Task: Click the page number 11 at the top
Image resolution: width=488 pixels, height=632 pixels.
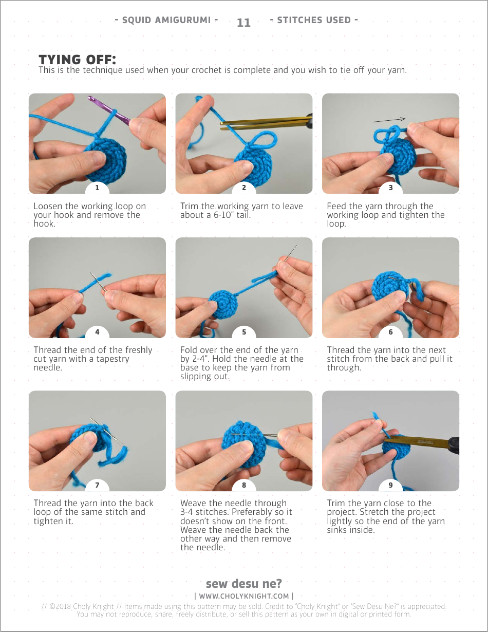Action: pyautogui.click(x=243, y=23)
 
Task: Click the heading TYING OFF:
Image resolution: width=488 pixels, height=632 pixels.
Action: pyautogui.click(x=78, y=60)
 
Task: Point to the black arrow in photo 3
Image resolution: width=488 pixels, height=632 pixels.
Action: pyautogui.click(x=389, y=120)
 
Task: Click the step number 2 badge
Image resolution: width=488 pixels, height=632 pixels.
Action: pyautogui.click(x=244, y=188)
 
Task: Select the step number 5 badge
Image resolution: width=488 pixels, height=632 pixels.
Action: pyautogui.click(x=244, y=332)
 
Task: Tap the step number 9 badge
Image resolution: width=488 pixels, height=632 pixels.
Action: pyautogui.click(x=390, y=485)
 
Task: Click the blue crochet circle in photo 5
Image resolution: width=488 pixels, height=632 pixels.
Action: pyautogui.click(x=223, y=304)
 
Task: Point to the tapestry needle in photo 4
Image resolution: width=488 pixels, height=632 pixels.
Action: pyautogui.click(x=98, y=282)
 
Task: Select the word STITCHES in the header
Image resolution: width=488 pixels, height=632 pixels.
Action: pyautogui.click(x=299, y=20)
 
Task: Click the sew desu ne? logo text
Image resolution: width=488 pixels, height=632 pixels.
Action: pyautogui.click(x=244, y=583)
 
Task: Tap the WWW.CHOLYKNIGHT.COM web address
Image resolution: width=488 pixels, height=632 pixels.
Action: pyautogui.click(x=244, y=596)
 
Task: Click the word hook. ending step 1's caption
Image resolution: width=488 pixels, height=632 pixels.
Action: pyautogui.click(x=45, y=224)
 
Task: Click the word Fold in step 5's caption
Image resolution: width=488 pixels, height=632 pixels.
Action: pyautogui.click(x=189, y=350)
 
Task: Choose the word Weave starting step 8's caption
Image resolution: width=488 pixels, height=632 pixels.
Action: pyautogui.click(x=193, y=503)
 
